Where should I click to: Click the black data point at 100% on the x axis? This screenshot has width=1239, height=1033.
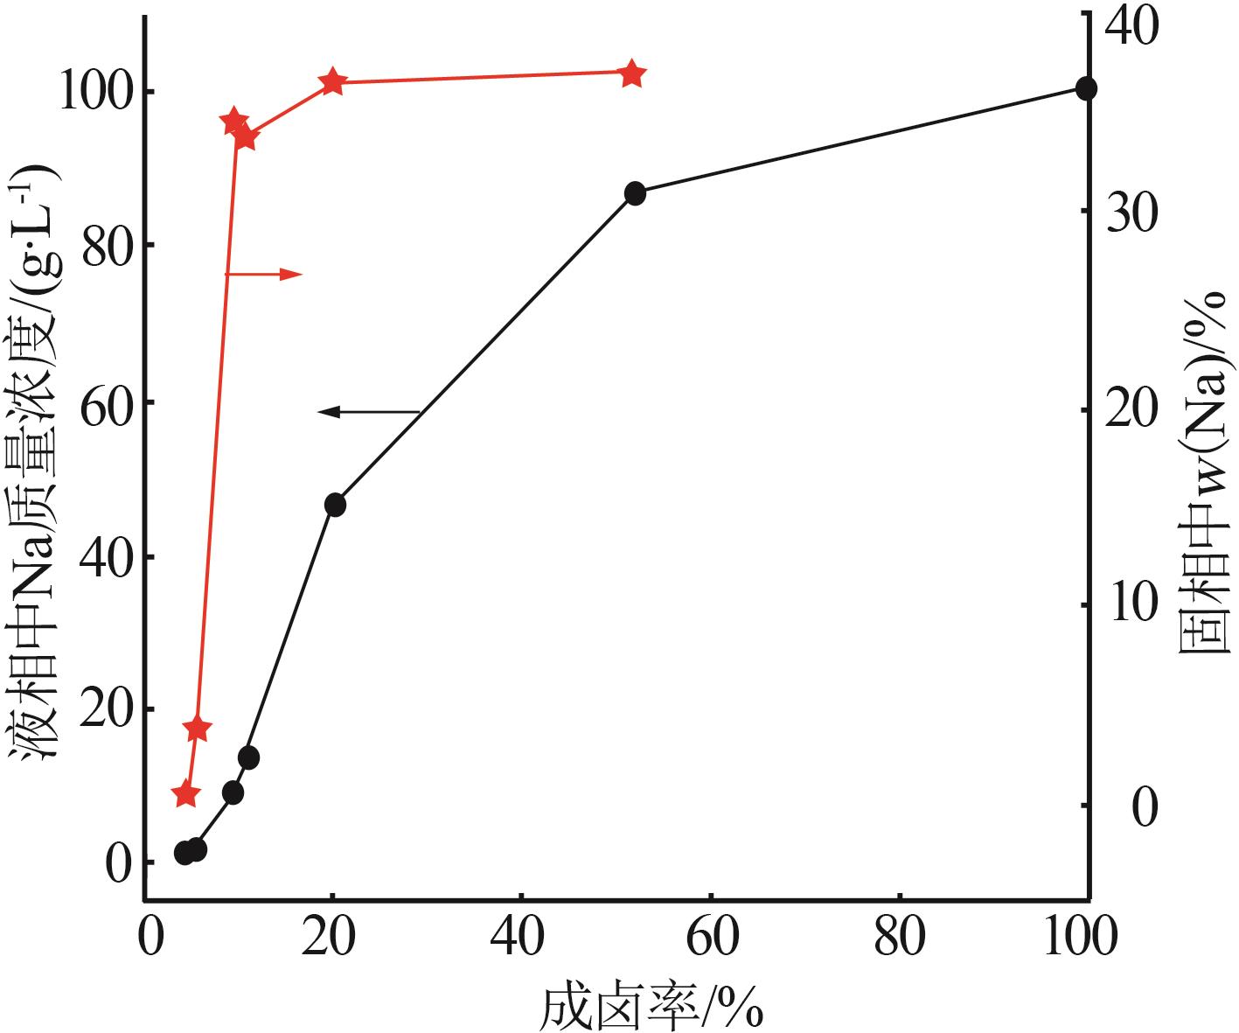coord(1086,88)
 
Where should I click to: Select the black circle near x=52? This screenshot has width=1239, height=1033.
coord(635,193)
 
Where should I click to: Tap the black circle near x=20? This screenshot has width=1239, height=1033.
coord(335,505)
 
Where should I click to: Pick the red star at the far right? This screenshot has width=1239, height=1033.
coord(633,74)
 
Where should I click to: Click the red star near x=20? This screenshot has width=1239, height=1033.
coord(332,83)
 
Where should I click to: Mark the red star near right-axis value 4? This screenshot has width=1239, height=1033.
coord(198,729)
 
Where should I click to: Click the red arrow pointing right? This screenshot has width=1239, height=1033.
coord(264,274)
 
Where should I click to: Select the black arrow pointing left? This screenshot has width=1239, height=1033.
coord(368,411)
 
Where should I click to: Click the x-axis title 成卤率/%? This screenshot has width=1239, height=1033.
coord(652,1009)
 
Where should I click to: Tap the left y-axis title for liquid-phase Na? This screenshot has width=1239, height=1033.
coord(37,463)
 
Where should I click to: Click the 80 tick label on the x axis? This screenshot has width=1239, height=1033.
coord(901,937)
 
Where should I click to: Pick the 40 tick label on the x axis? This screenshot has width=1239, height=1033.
coord(521,937)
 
